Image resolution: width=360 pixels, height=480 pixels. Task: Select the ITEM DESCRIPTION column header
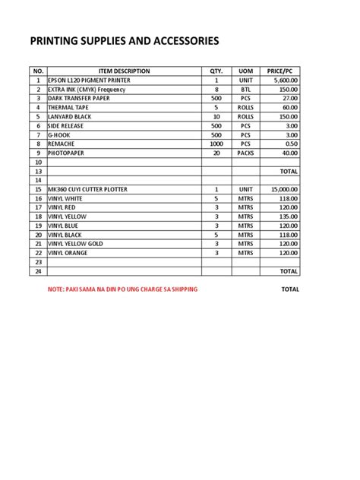click(125, 71)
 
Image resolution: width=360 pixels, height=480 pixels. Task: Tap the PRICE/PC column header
click(281, 71)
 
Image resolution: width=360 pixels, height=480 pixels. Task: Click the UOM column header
click(245, 71)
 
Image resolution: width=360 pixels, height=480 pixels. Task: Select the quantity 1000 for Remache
click(216, 144)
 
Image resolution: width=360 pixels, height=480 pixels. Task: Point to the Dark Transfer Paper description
click(78, 98)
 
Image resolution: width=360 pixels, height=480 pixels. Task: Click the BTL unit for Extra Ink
click(245, 89)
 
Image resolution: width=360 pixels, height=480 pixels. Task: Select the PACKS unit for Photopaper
click(245, 153)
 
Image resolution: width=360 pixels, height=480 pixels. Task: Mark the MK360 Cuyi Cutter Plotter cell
click(87, 188)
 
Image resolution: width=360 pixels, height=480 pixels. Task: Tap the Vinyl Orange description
click(69, 252)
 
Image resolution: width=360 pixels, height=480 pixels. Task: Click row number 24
click(36, 270)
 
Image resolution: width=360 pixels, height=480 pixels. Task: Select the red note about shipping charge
click(122, 289)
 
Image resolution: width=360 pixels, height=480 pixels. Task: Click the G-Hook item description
click(60, 134)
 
